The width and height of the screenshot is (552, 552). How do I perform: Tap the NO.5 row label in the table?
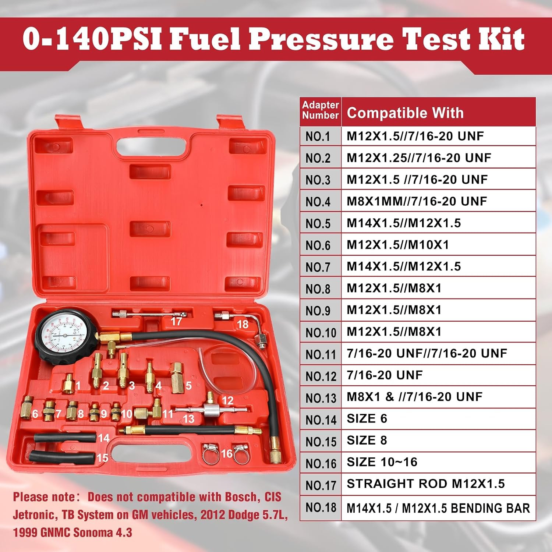318,223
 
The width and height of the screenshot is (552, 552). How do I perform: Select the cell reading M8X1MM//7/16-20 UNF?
417,201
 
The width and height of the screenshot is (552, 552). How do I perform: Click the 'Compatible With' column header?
405,113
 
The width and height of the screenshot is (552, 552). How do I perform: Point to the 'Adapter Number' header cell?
321,110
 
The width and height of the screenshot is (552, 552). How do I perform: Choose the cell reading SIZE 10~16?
382,462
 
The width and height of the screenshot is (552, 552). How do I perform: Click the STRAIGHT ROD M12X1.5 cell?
426,484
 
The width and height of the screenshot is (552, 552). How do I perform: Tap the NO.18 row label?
321,507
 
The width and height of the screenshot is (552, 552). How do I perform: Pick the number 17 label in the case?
176,321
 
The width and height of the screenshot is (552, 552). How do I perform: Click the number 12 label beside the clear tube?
228,400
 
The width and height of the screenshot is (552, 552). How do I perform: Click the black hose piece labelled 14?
65,438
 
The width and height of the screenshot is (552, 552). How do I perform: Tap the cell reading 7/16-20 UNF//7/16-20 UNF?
427,353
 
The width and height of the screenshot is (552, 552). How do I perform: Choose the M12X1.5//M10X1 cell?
398,245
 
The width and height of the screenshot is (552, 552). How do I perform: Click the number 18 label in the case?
243,324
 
